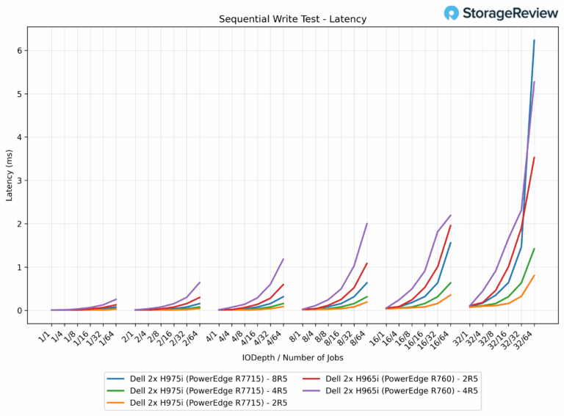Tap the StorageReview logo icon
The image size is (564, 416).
(452, 12)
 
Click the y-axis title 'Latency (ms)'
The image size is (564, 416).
(10, 177)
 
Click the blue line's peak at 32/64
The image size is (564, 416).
(534, 40)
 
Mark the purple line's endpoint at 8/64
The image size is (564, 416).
(366, 224)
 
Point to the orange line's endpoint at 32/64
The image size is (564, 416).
(534, 276)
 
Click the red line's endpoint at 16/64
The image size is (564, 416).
(450, 225)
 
